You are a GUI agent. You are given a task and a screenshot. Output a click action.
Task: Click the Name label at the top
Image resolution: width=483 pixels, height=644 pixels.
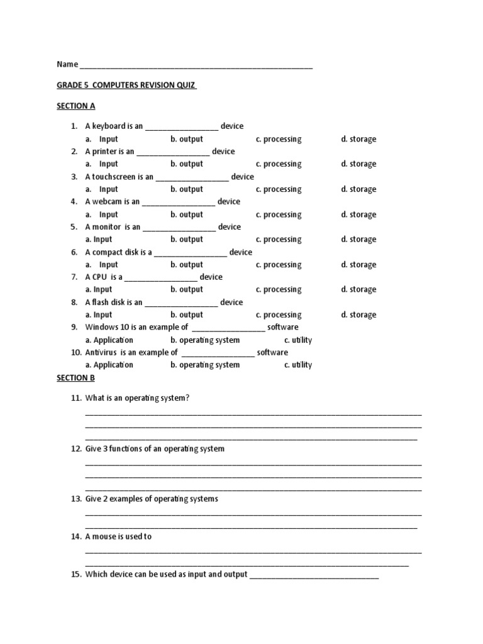coord(67,64)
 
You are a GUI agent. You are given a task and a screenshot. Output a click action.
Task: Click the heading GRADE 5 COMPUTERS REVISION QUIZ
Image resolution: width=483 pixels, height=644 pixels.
coord(126,85)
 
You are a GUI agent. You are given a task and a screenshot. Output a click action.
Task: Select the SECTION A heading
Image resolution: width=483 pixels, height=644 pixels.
coord(75,106)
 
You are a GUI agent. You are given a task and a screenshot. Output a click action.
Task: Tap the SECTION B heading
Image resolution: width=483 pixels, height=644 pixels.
coord(75,378)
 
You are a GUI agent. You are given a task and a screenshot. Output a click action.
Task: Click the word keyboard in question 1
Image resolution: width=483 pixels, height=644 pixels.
coord(109,126)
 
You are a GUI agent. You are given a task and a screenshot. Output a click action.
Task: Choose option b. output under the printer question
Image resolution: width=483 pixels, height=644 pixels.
coord(187,164)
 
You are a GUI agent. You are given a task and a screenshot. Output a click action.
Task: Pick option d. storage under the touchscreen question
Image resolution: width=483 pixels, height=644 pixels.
coord(358,189)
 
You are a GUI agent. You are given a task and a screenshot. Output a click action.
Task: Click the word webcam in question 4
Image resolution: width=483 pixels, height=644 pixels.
coord(108,202)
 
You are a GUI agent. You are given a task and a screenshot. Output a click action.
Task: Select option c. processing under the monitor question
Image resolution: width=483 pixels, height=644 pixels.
coord(279,240)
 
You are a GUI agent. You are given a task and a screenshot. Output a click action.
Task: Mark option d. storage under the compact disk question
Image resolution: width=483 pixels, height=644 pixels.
coord(358,265)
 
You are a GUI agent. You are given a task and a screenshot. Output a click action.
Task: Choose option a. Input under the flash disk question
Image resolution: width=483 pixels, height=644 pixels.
coord(99,315)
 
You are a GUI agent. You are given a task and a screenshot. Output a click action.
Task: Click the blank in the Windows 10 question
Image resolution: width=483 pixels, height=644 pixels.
coord(228,328)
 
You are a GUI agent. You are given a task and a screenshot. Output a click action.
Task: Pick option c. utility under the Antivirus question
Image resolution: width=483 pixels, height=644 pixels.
coord(298,365)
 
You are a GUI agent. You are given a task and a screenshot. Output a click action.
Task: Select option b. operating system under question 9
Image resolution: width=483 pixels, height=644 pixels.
coord(205,340)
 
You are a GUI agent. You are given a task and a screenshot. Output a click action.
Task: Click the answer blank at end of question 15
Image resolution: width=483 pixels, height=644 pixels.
coord(314,575)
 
